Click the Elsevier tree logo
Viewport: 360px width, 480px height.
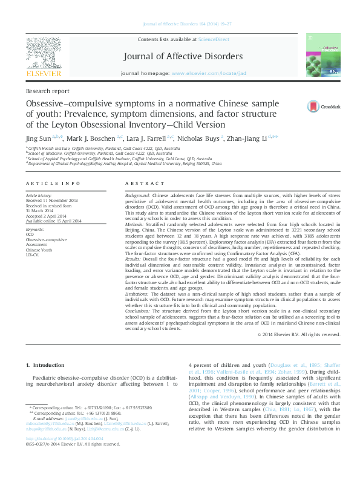click(x=44, y=55)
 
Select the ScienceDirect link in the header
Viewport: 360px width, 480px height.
click(x=214, y=39)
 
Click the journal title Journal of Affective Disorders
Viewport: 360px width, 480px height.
click(x=183, y=57)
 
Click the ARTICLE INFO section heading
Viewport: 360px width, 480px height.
click(x=53, y=183)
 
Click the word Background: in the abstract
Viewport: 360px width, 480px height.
click(x=139, y=197)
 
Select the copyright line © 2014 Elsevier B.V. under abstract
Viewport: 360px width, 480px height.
click(x=307, y=334)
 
